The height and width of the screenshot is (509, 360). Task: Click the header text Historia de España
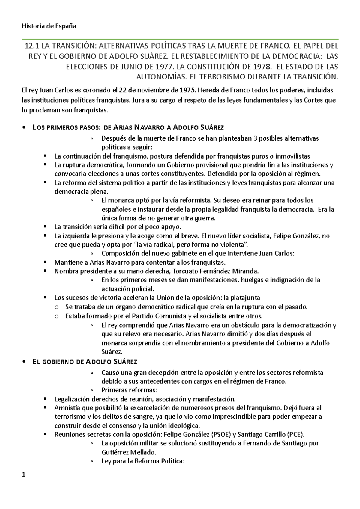tap(49, 26)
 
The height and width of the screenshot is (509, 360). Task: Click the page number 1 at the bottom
tap(24, 475)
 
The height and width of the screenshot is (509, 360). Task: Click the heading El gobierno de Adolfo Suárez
tap(85, 362)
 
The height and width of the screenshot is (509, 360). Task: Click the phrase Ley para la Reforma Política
tap(142, 461)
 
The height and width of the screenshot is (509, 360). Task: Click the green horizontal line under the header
tap(180, 39)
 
